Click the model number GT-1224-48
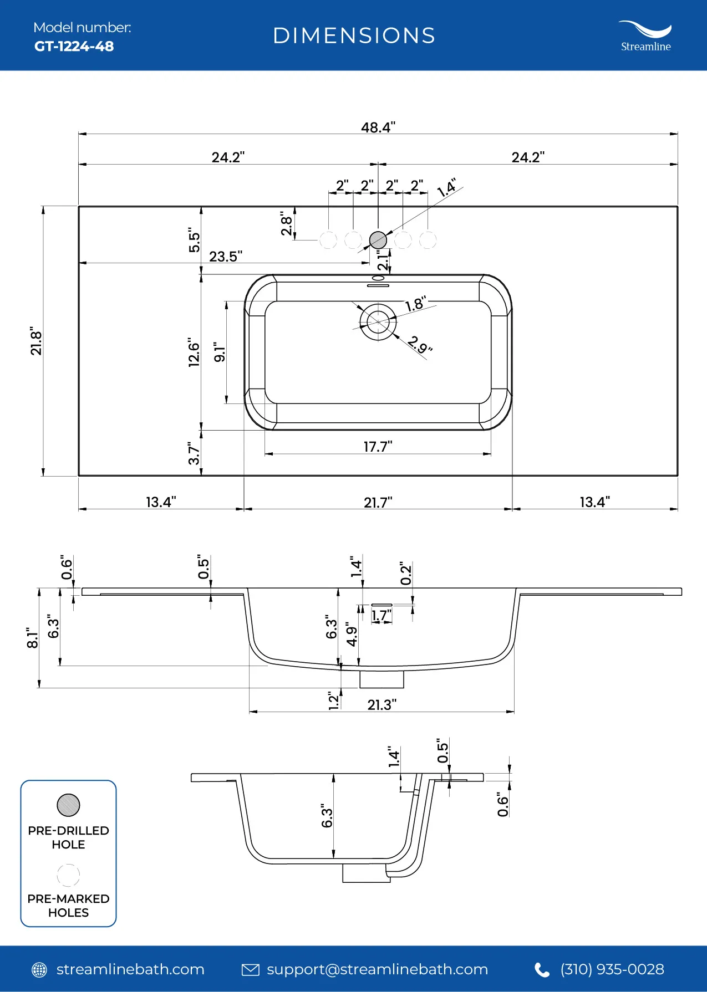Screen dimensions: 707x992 74,46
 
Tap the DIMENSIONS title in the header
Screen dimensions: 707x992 354,35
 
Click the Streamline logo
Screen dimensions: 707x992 645,36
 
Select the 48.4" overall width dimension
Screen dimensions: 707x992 378,127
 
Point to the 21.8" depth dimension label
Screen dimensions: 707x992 36,341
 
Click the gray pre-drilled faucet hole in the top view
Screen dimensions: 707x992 378,240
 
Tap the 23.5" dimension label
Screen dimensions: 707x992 226,256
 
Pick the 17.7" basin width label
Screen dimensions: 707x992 378,446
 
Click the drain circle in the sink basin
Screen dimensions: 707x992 378,321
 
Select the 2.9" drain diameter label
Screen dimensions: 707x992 420,344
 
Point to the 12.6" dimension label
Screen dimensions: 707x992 194,352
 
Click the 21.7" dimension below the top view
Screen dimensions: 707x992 378,502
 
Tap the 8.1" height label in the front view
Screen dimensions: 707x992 33,638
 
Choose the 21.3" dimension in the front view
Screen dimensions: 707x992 382,704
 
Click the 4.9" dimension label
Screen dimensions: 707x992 352,634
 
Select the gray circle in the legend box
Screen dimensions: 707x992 68,805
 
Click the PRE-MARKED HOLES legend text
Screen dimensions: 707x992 68,906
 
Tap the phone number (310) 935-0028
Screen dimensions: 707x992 612,969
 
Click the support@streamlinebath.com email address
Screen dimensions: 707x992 377,969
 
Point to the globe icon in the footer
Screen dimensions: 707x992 39,970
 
